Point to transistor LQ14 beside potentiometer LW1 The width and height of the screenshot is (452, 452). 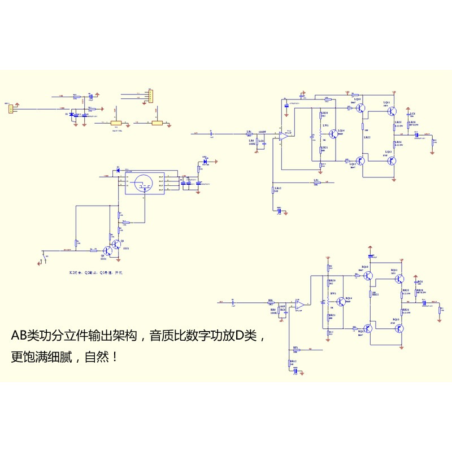click(x=333, y=134)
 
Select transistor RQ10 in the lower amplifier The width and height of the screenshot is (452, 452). click(x=367, y=276)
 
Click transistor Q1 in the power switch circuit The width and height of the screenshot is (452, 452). click(x=116, y=244)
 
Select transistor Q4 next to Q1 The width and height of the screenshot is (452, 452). click(x=106, y=250)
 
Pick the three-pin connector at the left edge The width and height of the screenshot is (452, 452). click(x=10, y=108)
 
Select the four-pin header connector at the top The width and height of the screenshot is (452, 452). click(x=149, y=96)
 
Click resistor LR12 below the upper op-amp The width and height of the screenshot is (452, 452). click(x=273, y=190)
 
